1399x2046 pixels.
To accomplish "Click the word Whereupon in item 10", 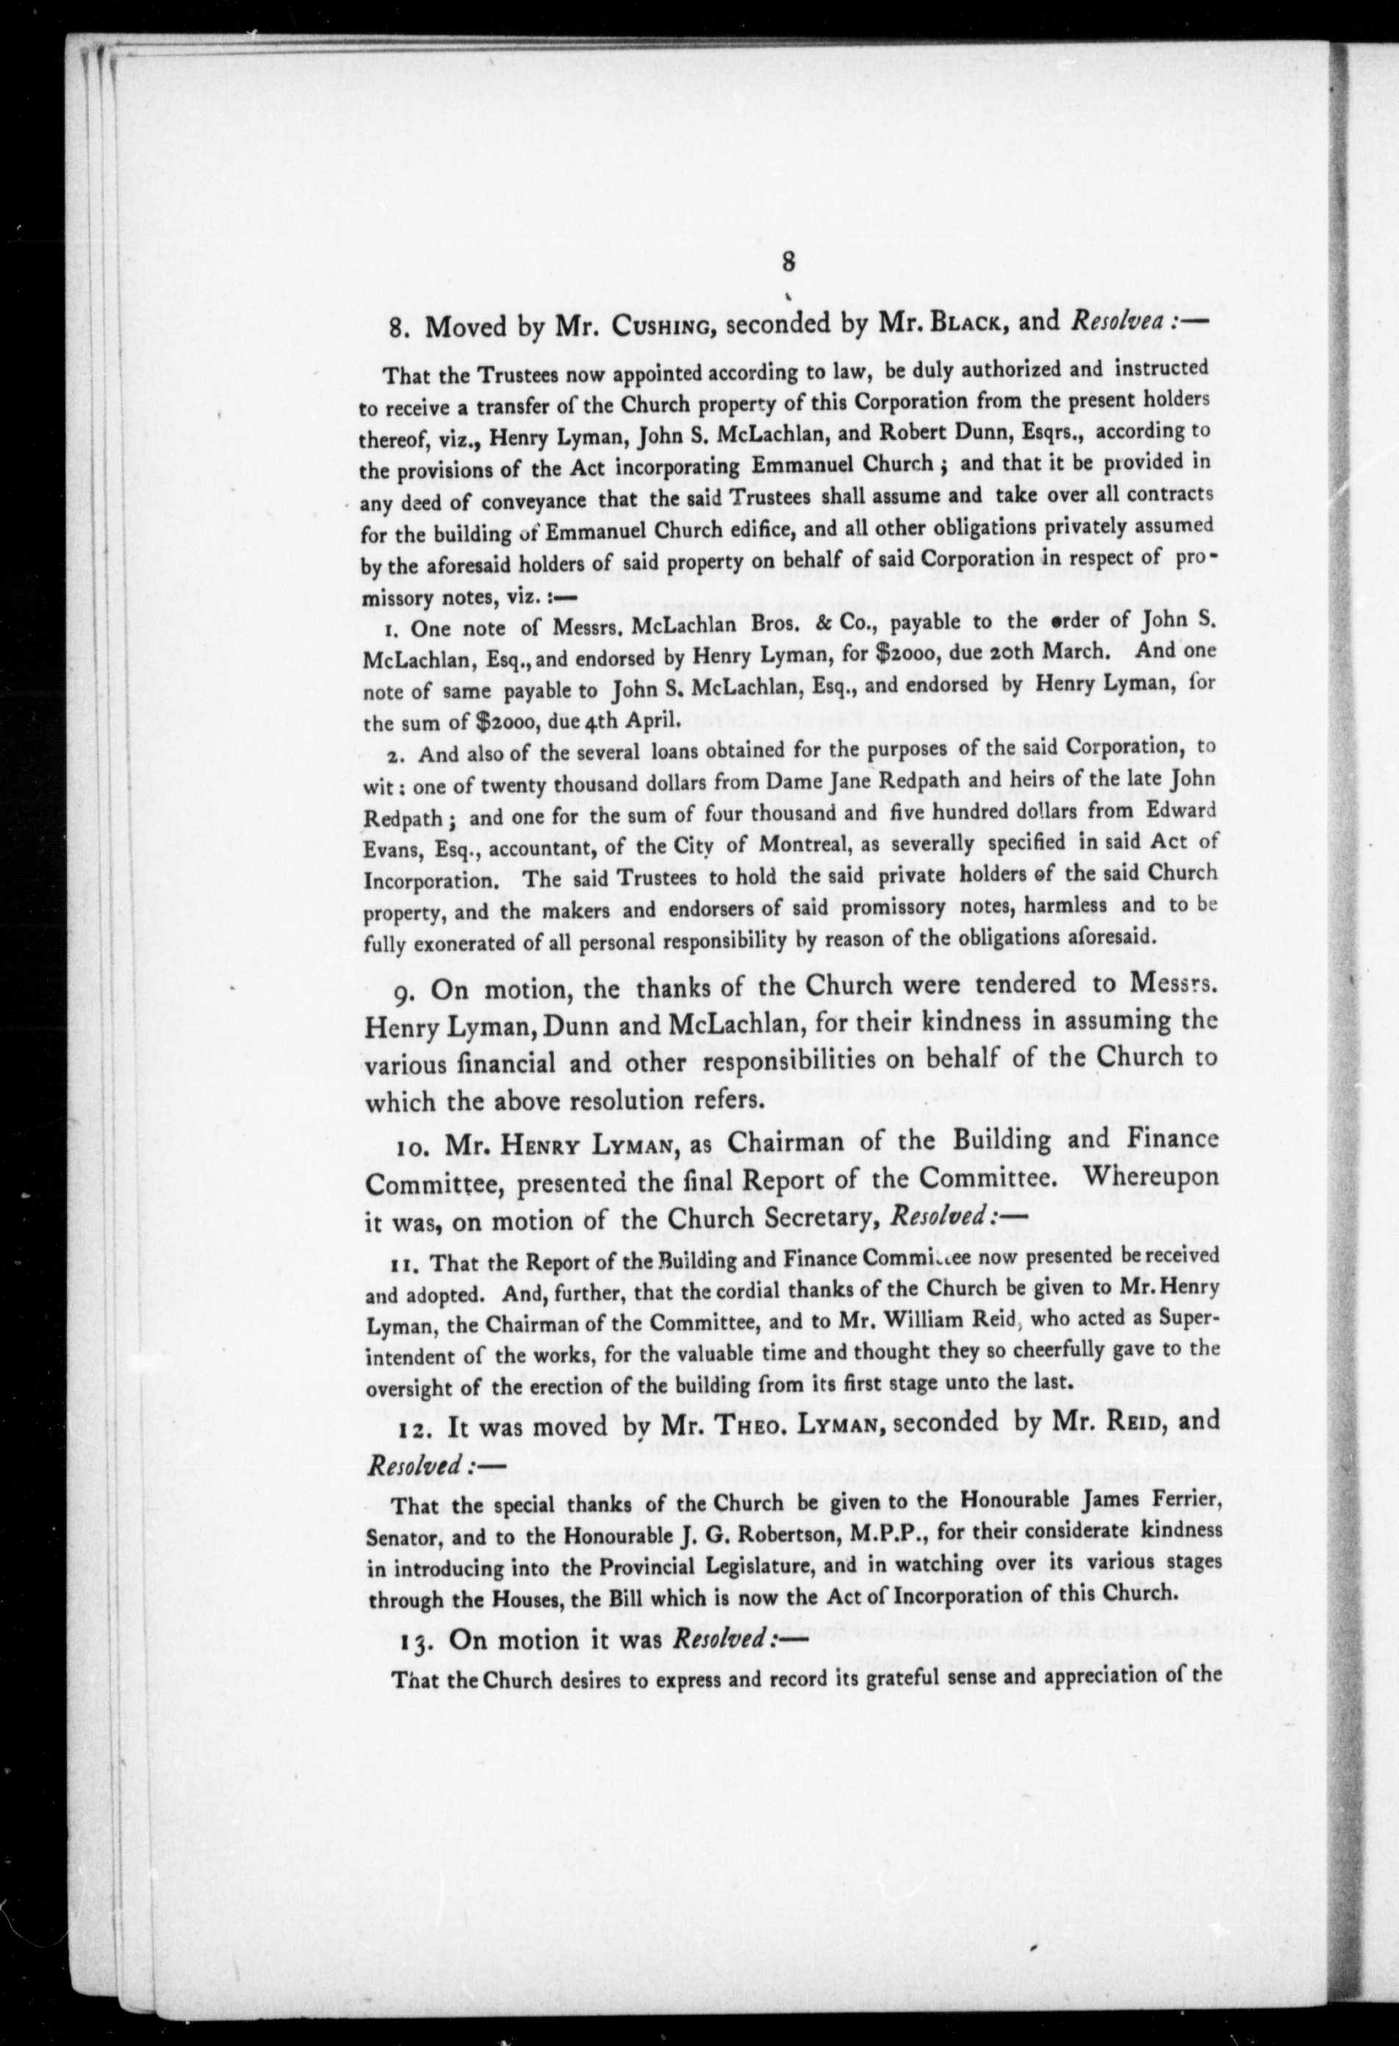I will coord(1151,1177).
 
